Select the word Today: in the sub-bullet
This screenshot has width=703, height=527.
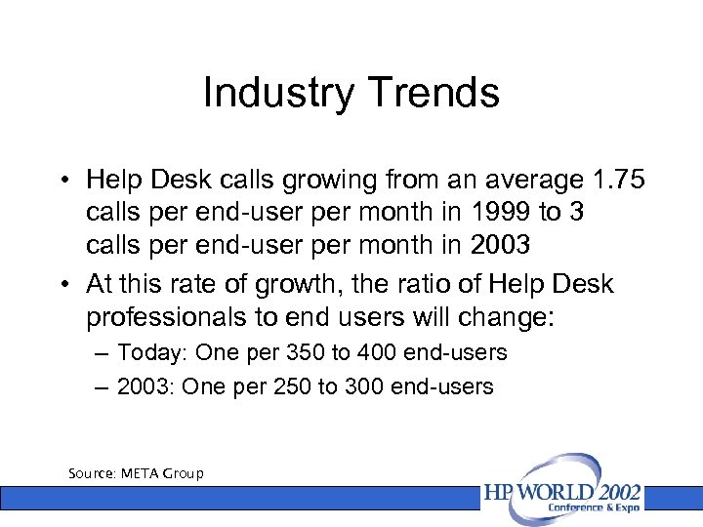coord(154,352)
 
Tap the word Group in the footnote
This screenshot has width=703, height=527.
coord(185,473)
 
